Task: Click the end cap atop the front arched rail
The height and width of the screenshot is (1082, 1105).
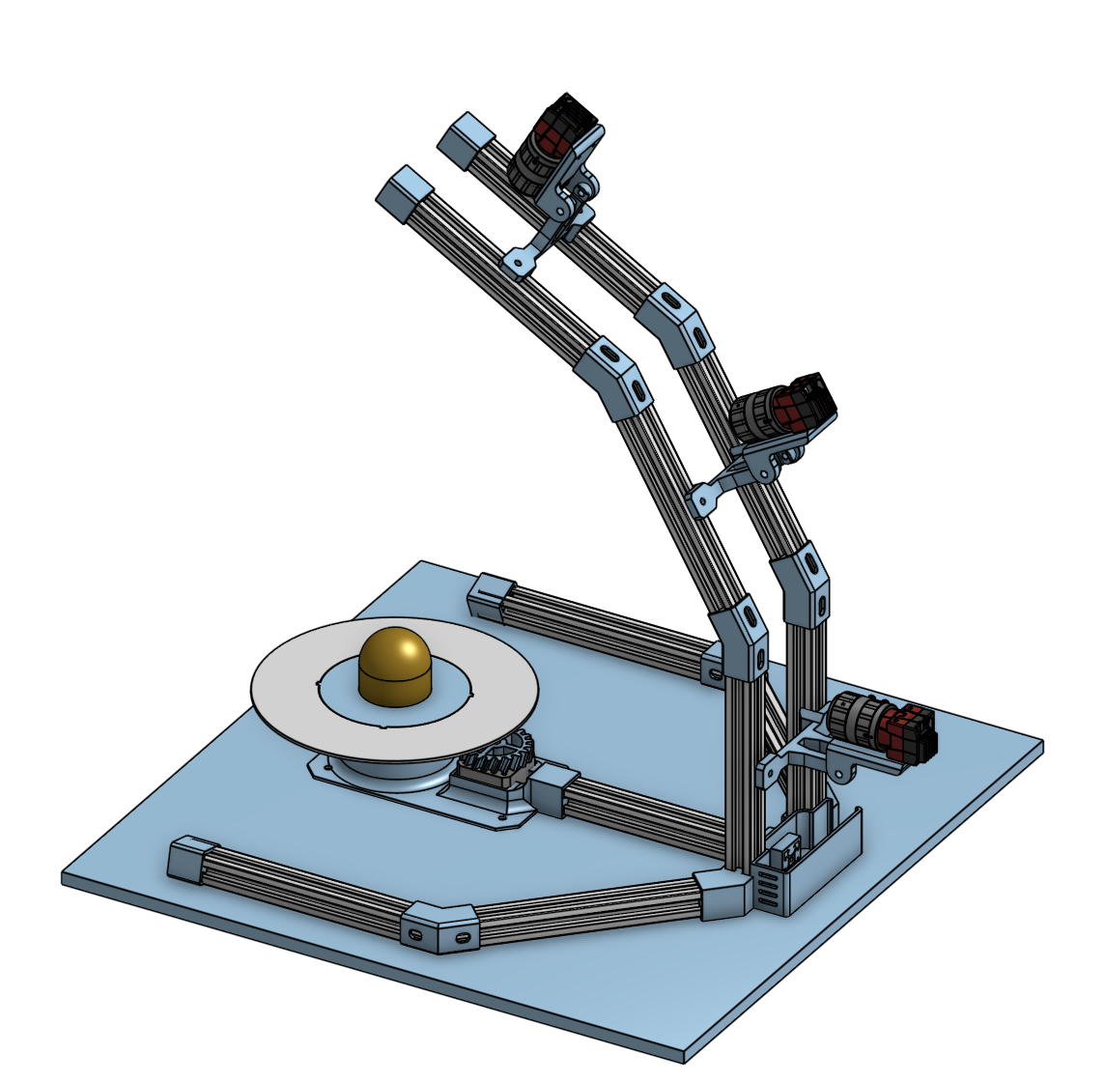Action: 405,194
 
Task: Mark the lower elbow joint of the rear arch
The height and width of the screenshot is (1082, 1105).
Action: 802,585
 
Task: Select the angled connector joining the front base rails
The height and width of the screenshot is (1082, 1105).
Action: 439,927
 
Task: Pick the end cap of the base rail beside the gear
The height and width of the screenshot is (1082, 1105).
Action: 552,790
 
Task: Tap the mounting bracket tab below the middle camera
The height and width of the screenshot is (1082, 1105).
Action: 704,499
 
